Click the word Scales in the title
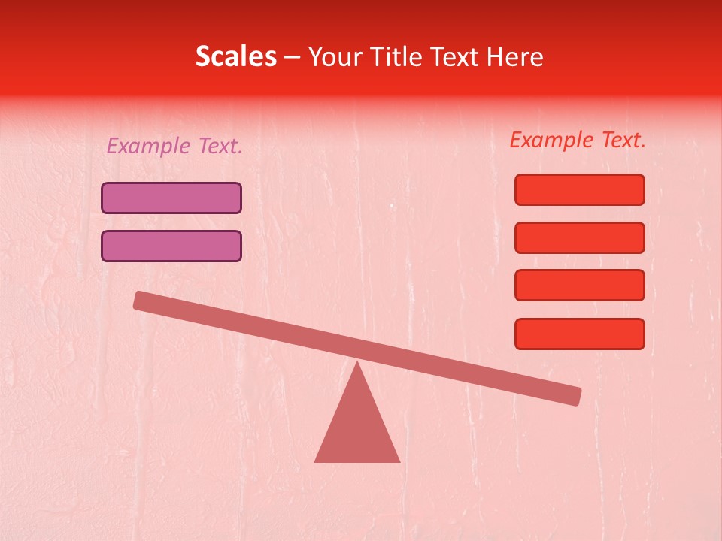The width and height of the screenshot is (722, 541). point(235,56)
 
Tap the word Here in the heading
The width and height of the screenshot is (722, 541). point(515,56)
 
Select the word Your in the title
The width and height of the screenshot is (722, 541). point(336,56)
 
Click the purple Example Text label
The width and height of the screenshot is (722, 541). point(174,146)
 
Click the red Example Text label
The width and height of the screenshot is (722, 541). point(578,140)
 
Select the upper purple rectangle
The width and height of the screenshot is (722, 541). point(171,198)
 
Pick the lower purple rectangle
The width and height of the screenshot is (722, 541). point(171,246)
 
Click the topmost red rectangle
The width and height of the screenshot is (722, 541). point(580,189)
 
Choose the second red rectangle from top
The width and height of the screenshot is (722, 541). point(580,237)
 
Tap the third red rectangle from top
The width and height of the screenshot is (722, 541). point(580,286)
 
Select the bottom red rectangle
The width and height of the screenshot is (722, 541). point(580,334)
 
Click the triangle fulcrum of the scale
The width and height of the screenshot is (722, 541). point(357,428)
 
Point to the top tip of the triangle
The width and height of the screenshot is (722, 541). point(357,364)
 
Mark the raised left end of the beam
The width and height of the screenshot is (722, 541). point(140,300)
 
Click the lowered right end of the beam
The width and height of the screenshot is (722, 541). point(575,396)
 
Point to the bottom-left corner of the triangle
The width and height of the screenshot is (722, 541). point(316,461)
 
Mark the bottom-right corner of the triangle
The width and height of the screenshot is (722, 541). point(399,461)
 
